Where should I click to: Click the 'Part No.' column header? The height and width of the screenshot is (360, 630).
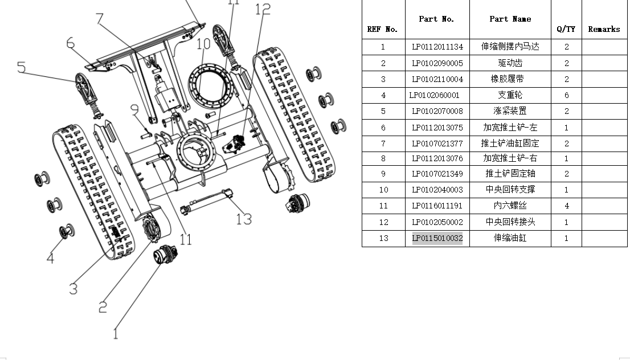point(437,19)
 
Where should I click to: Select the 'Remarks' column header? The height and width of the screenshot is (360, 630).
point(604,29)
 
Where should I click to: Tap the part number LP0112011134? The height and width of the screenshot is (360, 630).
point(437,47)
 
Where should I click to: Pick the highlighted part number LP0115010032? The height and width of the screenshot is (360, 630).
point(437,238)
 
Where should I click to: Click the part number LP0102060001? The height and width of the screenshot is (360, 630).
point(435,95)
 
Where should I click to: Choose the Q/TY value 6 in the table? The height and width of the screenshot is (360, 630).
point(566,95)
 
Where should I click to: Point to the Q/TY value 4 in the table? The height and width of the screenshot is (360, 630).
point(566,206)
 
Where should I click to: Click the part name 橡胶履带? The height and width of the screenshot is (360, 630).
point(510,79)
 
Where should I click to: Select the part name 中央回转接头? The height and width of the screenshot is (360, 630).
point(510,222)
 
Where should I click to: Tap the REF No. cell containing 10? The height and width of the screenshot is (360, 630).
point(383,190)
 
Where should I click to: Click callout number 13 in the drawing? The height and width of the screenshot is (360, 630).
point(244,218)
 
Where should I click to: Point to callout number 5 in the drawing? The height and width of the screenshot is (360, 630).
point(21,67)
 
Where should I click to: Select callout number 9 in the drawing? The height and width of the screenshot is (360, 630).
point(134,109)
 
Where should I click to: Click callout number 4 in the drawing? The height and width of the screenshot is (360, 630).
point(50,258)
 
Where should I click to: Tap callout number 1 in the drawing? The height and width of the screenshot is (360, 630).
point(116,333)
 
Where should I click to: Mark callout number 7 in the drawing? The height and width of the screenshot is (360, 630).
point(100,19)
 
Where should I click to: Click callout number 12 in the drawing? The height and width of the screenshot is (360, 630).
point(263,9)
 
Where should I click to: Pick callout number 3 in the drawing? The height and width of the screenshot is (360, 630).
point(73,289)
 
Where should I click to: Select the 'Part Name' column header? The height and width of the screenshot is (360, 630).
point(510,19)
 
